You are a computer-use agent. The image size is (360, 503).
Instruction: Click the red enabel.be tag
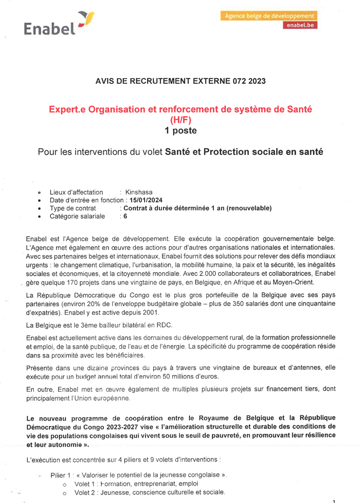pos(300,25)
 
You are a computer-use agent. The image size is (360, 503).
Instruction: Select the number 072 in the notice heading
pos(239,81)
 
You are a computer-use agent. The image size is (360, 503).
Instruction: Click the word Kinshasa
pos(139,192)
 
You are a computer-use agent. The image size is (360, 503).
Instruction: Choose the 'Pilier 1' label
pos(61,474)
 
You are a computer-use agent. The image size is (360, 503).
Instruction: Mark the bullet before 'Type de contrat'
pos(40,208)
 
